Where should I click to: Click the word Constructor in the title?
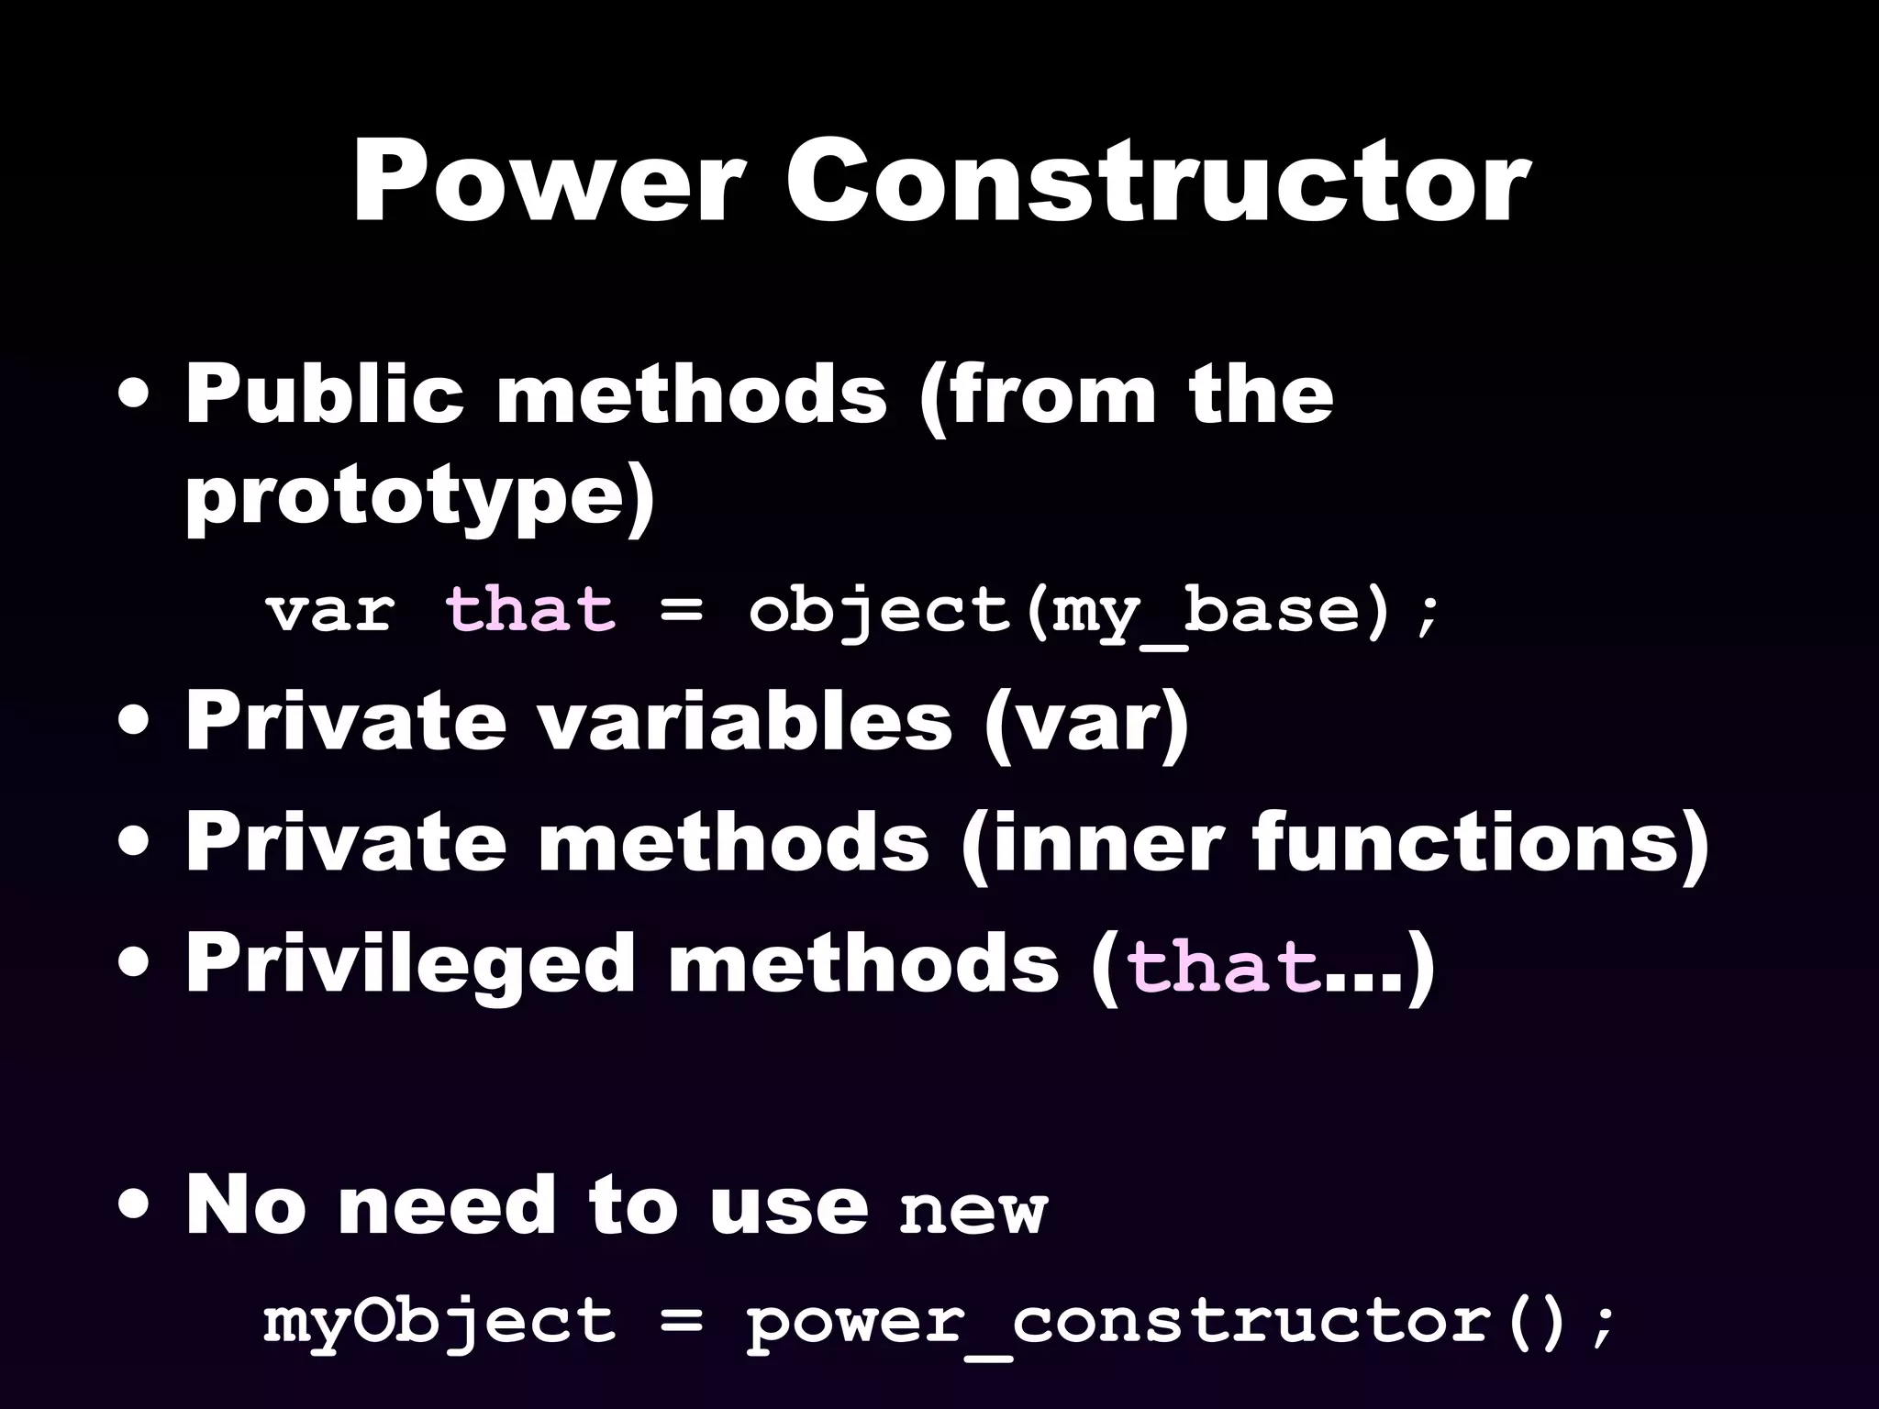[1157, 183]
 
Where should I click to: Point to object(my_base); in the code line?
[1093, 611]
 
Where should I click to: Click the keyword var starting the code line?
[330, 611]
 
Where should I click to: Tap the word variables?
[744, 721]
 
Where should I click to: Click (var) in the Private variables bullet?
[1085, 723]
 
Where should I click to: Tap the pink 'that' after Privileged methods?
[1223, 967]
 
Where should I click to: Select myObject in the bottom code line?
[439, 1323]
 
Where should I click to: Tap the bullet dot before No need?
[136, 1207]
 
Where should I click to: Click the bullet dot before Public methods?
[136, 396]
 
